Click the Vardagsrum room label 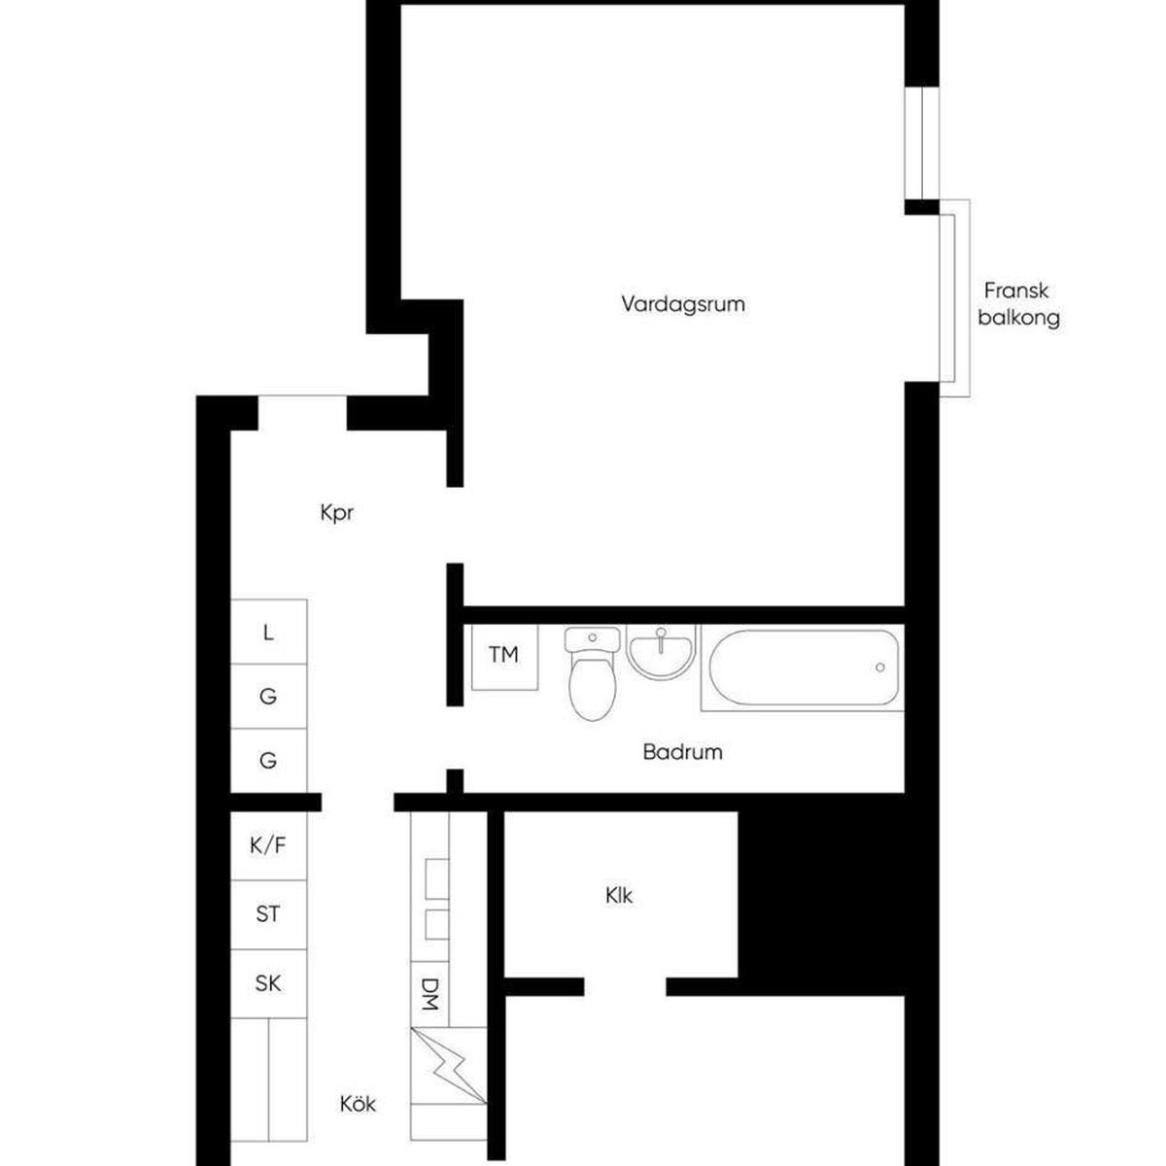pyautogui.click(x=683, y=304)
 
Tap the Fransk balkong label pyautogui.click(x=1018, y=304)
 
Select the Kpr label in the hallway pyautogui.click(x=336, y=514)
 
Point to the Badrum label pyautogui.click(x=682, y=752)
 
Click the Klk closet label pyautogui.click(x=619, y=896)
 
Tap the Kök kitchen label pyautogui.click(x=358, y=1104)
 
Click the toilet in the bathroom pyautogui.click(x=593, y=673)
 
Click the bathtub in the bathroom pyautogui.click(x=803, y=668)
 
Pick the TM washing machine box pyautogui.click(x=504, y=657)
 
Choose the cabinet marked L pyautogui.click(x=268, y=632)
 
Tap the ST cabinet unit pyautogui.click(x=268, y=914)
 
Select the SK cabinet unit pyautogui.click(x=268, y=983)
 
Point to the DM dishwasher pyautogui.click(x=429, y=994)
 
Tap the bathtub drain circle pyautogui.click(x=880, y=667)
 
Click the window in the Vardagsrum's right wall pyautogui.click(x=922, y=143)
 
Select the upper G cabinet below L pyautogui.click(x=268, y=697)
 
